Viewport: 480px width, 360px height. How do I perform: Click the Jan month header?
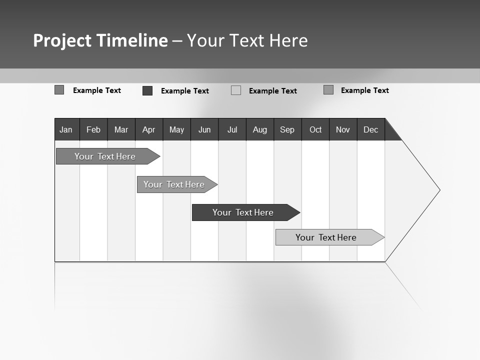66,129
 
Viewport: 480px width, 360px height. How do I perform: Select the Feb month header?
93,129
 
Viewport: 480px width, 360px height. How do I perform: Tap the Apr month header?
149,129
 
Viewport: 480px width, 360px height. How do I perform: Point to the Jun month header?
204,129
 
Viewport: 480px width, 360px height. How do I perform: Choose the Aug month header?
260,129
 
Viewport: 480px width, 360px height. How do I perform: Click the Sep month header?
287,129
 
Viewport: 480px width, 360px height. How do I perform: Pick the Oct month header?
315,129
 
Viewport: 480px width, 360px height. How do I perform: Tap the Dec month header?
371,129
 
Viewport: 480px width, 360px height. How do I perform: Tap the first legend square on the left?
59,90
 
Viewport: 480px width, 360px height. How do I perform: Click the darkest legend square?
147,90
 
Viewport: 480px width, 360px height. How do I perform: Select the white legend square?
236,90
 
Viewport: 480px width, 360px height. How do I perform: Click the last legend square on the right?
328,90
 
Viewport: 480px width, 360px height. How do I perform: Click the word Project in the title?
62,40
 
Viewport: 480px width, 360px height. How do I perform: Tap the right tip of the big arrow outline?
439,190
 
